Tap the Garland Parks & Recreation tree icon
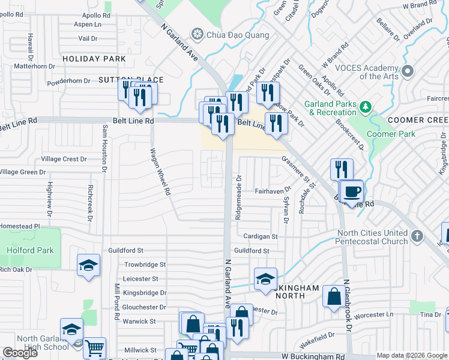[x=364, y=107]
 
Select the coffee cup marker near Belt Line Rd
[x=352, y=192]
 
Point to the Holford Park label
[x=30, y=251]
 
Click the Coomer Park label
[x=391, y=134]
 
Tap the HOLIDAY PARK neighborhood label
[x=94, y=59]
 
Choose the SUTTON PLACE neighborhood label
[x=130, y=79]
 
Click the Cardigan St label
[x=261, y=237]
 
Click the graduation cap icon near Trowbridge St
[x=88, y=265]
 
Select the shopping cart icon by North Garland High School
[x=94, y=348]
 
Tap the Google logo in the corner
[x=20, y=353]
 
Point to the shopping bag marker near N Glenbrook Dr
[x=334, y=296]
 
